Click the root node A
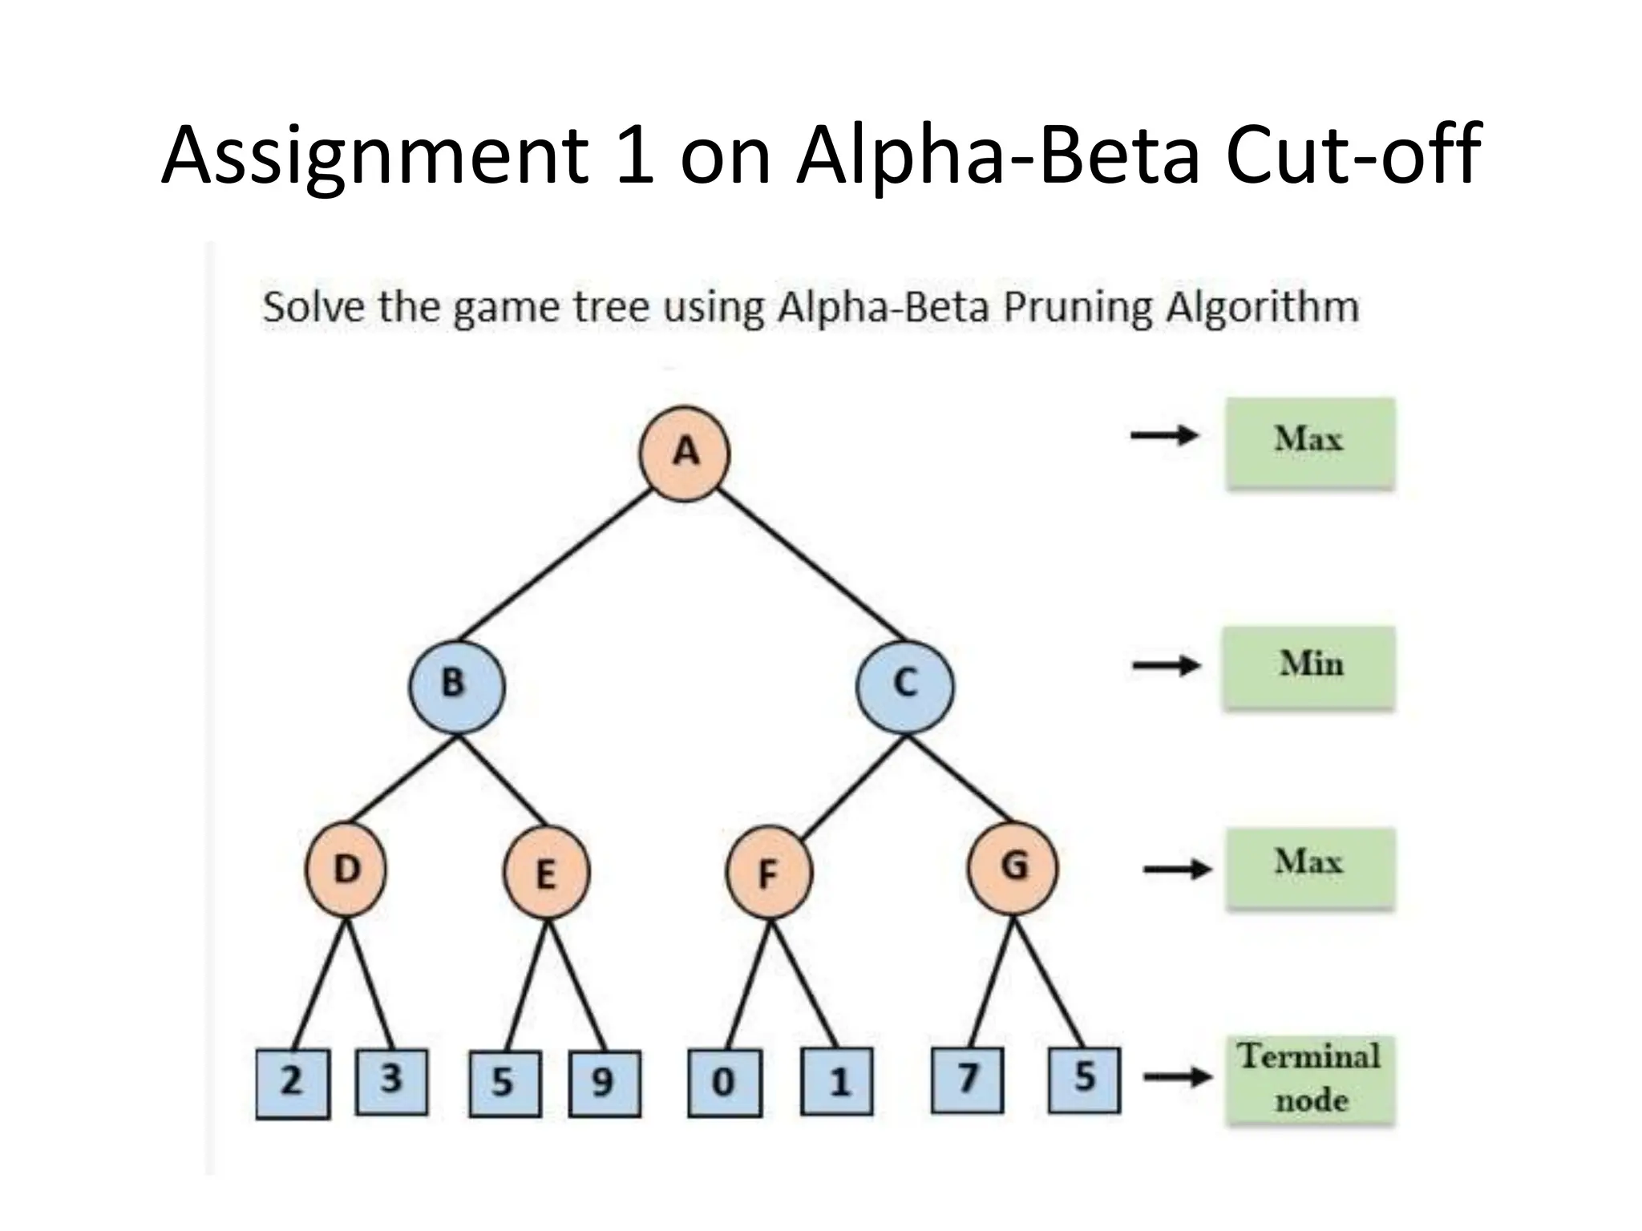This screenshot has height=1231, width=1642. (x=684, y=454)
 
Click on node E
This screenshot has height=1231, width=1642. (x=547, y=873)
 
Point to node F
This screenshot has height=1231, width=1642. (x=769, y=873)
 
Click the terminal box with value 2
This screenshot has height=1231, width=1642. (x=293, y=1084)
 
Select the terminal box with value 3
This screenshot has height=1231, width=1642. (x=391, y=1081)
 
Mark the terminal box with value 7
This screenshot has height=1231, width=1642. (x=967, y=1080)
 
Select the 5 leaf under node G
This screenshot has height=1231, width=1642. (x=1084, y=1080)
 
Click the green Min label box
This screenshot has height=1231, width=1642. (x=1308, y=667)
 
